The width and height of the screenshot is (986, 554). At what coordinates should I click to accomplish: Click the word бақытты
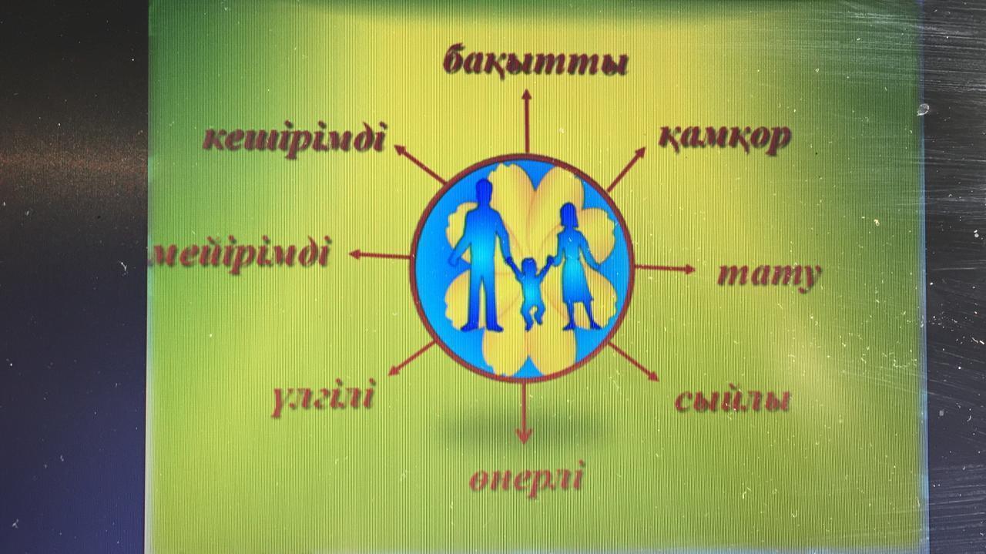click(535, 62)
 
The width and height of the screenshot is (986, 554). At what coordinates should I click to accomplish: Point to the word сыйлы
click(732, 400)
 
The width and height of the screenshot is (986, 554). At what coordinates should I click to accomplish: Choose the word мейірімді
click(240, 254)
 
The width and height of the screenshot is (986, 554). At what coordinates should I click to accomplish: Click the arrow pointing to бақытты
click(526, 121)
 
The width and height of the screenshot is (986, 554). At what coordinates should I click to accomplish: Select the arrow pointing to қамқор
click(626, 170)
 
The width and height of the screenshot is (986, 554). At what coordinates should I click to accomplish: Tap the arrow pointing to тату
click(665, 268)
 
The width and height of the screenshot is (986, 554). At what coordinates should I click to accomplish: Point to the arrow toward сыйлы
click(633, 361)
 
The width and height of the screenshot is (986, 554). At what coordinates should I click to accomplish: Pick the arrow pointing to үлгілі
click(412, 358)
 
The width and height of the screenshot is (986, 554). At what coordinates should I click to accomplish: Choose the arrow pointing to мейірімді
click(380, 255)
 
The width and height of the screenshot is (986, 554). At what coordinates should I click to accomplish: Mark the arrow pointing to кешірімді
click(420, 163)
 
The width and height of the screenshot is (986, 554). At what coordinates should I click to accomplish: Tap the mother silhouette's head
click(569, 215)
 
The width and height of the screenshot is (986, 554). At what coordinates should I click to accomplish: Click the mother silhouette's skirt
click(577, 282)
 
